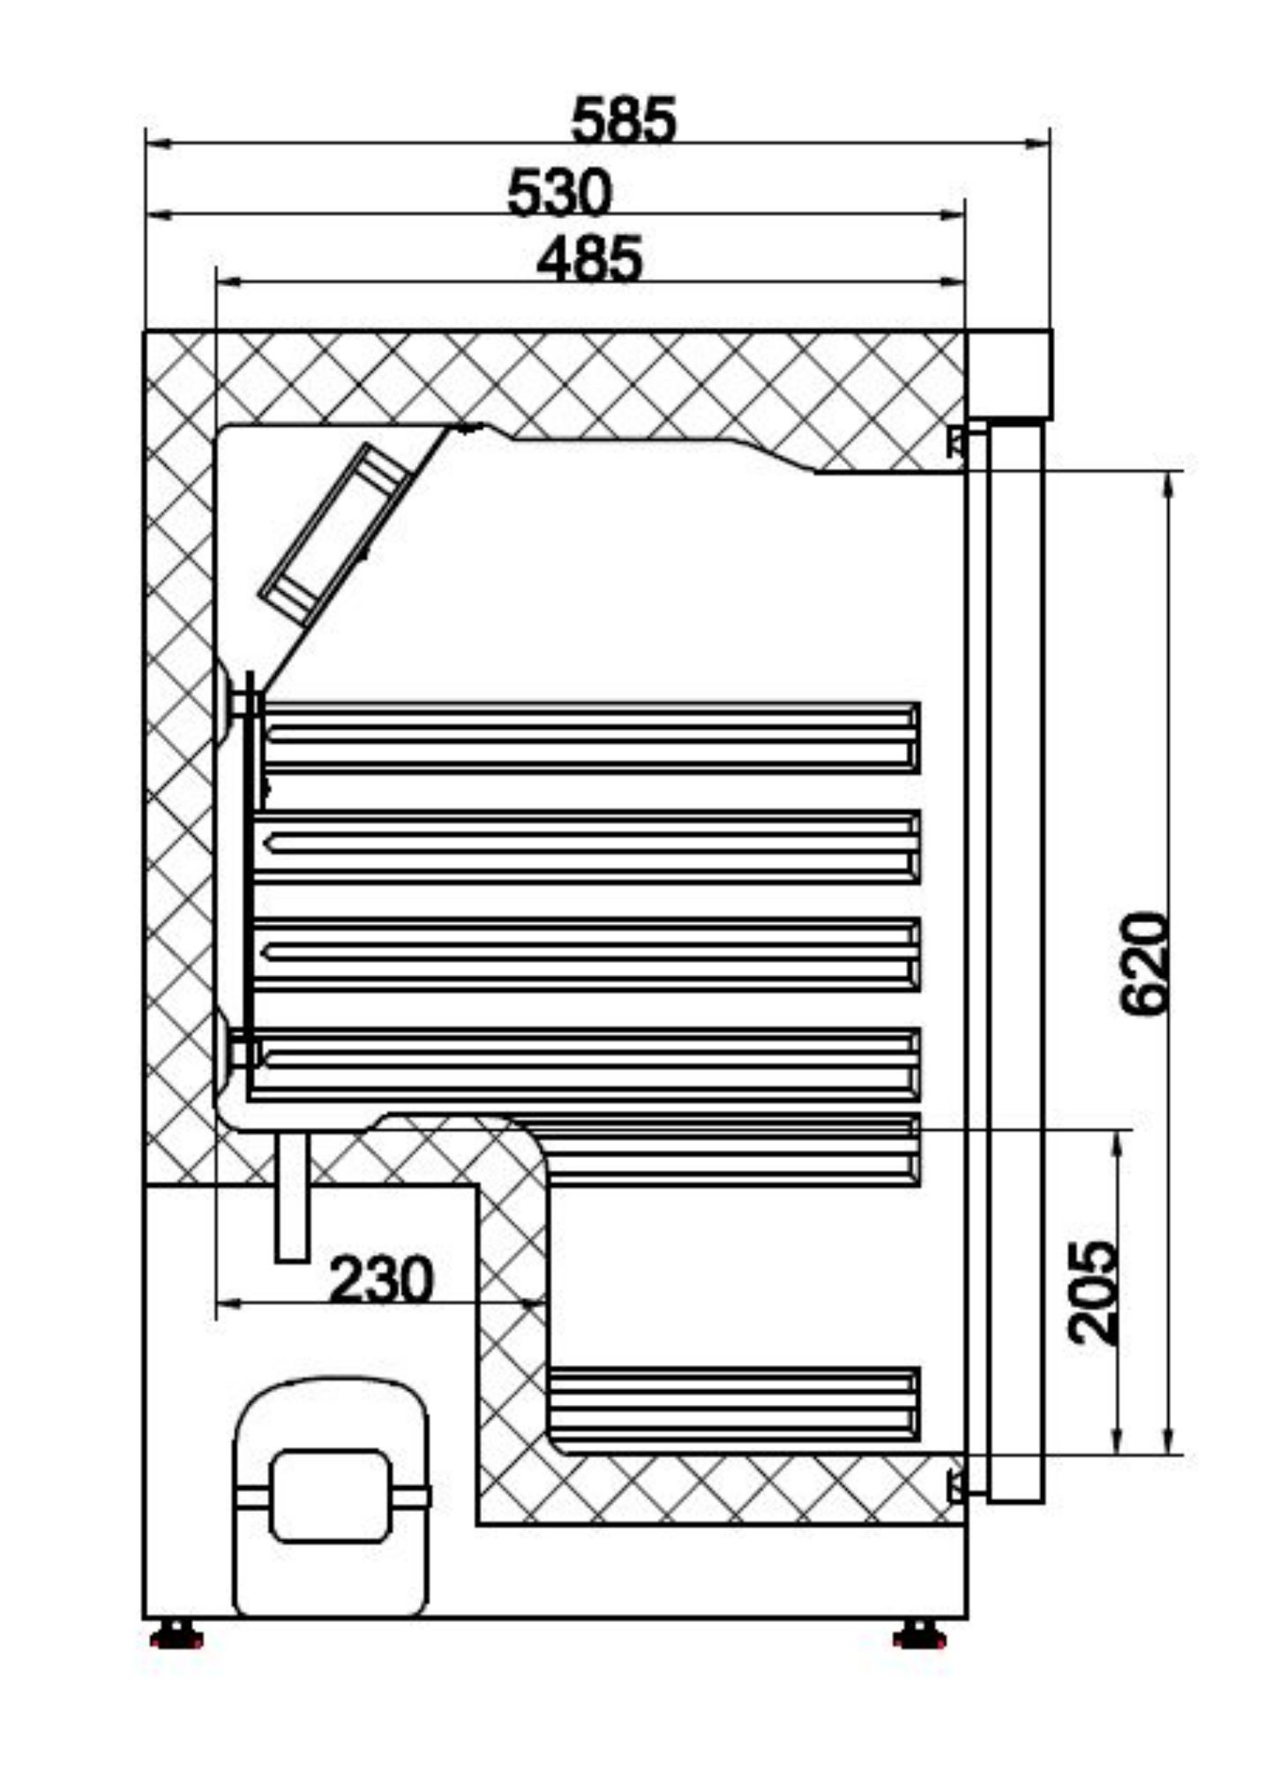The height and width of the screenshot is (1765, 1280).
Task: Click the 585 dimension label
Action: (x=624, y=120)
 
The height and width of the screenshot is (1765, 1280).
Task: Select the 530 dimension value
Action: (x=559, y=193)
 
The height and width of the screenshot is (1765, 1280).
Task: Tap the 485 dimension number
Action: (x=589, y=260)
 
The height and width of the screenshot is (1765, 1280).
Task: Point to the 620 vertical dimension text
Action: (x=1144, y=964)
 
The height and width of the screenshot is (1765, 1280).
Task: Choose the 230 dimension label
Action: (x=381, y=1281)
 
